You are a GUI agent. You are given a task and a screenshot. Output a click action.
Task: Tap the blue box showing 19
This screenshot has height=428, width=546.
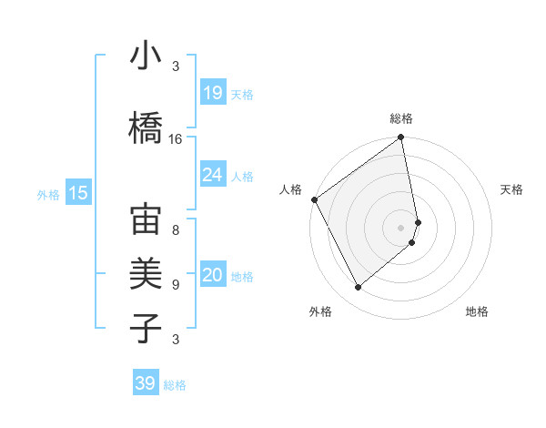(212, 94)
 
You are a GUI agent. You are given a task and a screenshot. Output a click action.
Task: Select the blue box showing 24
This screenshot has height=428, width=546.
(212, 175)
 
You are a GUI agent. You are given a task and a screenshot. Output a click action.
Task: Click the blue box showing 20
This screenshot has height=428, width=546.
(212, 277)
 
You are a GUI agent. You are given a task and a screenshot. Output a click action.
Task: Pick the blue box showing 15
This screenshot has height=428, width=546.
(78, 193)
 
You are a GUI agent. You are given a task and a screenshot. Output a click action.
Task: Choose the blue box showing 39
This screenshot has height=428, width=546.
(145, 384)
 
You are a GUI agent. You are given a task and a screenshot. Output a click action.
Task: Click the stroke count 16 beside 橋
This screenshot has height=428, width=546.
(176, 139)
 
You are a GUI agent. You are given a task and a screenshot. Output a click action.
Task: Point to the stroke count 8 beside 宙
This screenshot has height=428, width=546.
(176, 229)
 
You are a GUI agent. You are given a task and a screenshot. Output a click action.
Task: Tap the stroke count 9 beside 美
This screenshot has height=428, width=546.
(176, 284)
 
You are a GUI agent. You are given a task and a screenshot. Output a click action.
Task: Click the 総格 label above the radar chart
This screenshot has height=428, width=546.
(401, 118)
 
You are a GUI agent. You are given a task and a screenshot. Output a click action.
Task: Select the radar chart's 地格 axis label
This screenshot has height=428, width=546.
(477, 311)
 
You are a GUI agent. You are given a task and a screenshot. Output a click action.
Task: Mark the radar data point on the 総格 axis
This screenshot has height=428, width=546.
(401, 138)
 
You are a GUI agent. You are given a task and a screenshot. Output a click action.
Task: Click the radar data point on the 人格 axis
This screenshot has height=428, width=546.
(314, 199)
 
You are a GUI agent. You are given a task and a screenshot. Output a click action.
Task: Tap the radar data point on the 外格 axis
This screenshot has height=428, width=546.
(358, 288)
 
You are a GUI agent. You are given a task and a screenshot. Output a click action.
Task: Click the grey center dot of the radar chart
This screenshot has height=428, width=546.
(401, 227)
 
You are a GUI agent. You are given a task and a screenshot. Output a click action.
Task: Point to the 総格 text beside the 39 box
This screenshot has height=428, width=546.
(175, 385)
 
